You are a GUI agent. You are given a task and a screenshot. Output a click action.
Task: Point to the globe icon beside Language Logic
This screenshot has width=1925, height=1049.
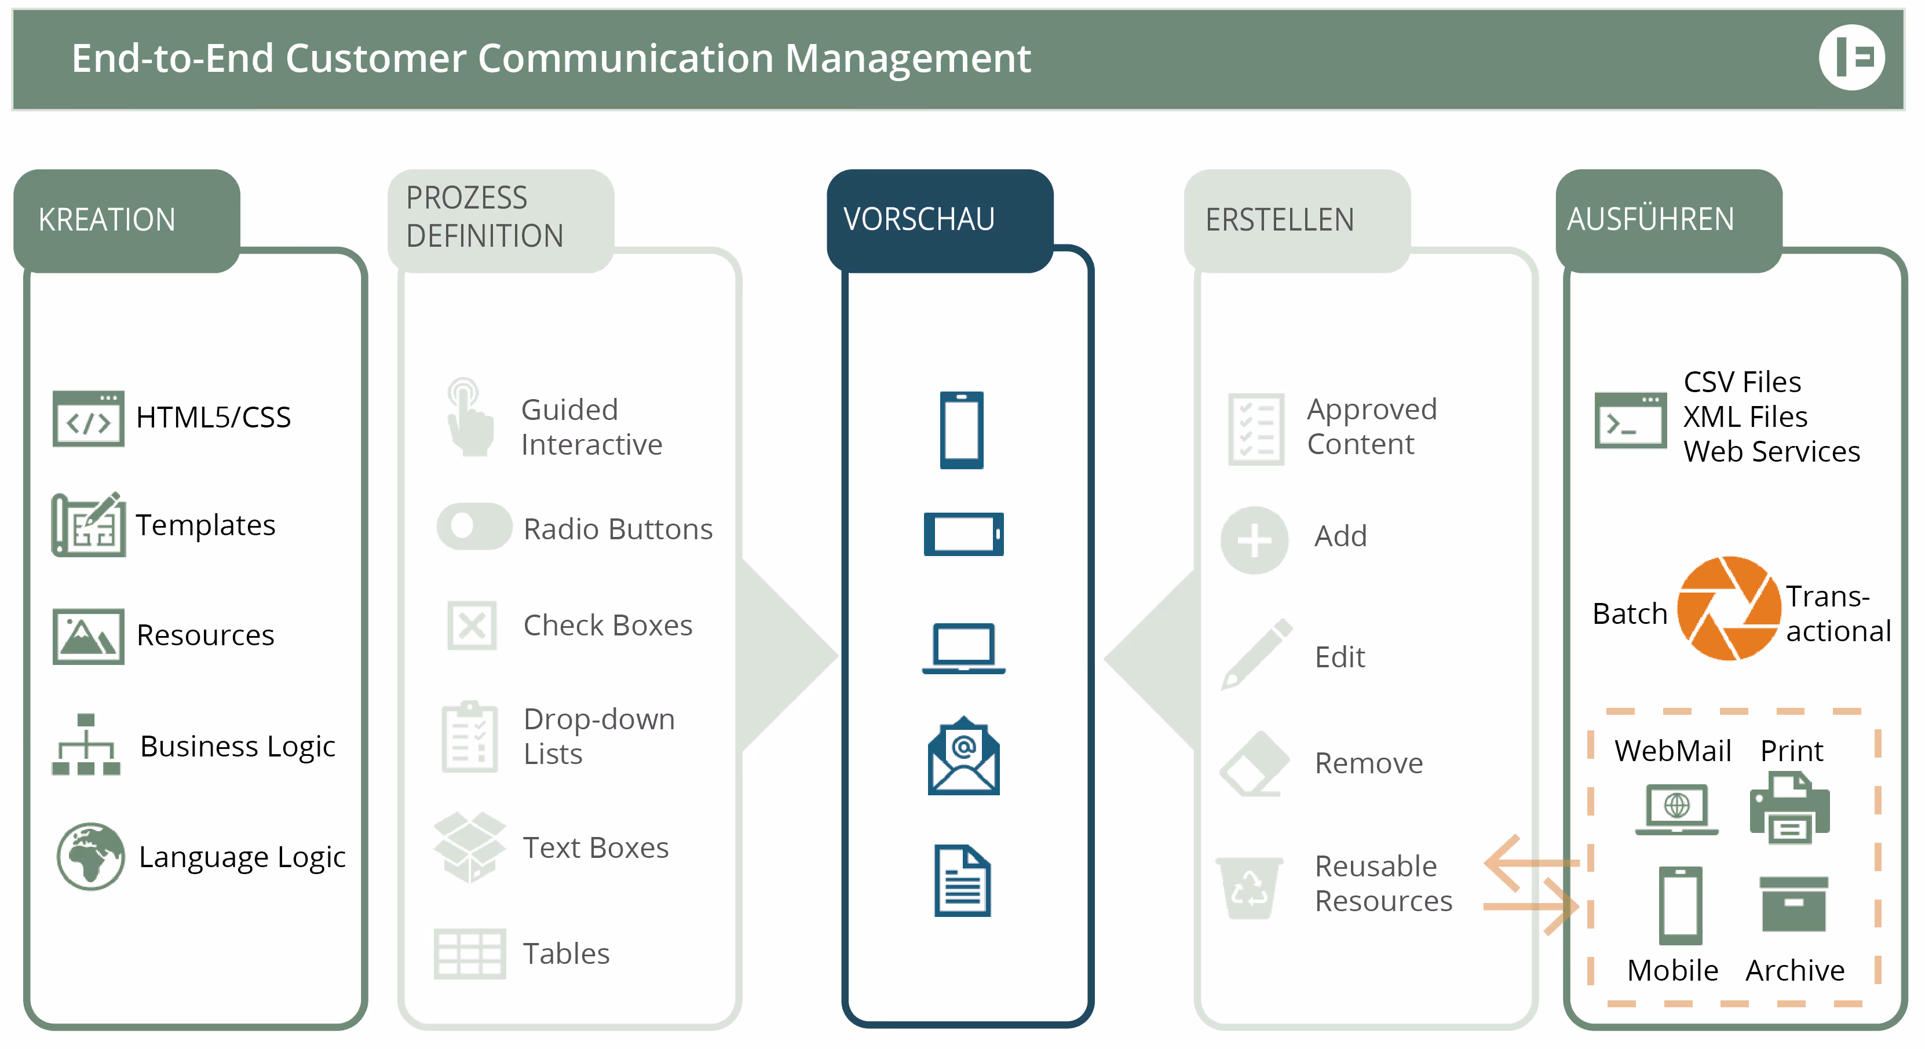pos(90,856)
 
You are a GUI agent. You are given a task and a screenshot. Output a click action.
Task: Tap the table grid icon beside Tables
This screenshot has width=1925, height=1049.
pos(469,953)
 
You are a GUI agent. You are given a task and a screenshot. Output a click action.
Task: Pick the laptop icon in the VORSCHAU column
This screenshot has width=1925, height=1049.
pos(963,648)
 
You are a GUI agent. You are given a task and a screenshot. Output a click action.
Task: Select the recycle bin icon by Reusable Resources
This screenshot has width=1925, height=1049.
pos(1250,887)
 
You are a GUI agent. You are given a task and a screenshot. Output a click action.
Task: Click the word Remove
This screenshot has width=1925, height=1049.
pos(1368,763)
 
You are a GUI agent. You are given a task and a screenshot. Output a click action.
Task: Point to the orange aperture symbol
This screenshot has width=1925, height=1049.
pos(1729,608)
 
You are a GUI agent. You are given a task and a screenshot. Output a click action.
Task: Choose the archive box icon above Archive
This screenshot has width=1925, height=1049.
pos(1793,904)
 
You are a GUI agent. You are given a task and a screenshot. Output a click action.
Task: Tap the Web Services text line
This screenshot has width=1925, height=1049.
pos(1771,451)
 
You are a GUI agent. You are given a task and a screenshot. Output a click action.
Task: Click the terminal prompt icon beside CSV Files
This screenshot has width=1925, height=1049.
pos(1630,421)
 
